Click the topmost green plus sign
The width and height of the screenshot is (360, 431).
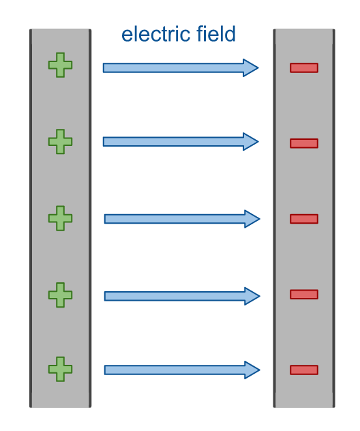tap(60, 65)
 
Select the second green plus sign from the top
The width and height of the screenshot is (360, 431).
tap(60, 142)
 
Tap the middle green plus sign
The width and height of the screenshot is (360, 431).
tap(60, 218)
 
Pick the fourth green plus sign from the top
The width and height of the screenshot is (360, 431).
tap(60, 295)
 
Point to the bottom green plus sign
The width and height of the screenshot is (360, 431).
tap(60, 369)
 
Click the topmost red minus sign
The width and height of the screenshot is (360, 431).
tap(304, 68)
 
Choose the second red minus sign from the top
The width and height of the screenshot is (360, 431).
tap(304, 143)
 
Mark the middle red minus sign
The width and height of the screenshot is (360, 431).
tap(304, 219)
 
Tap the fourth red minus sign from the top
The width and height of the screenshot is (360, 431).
tap(304, 295)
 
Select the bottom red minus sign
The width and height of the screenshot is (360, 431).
tap(304, 370)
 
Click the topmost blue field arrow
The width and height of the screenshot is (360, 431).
tap(181, 68)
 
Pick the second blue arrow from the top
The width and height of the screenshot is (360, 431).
tap(181, 142)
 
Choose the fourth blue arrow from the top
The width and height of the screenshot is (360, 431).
tap(182, 296)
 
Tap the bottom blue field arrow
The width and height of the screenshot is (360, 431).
tap(182, 370)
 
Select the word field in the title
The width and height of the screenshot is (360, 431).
tap(216, 34)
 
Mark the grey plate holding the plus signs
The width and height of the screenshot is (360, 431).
tap(60, 218)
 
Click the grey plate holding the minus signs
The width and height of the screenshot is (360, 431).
tap(304, 218)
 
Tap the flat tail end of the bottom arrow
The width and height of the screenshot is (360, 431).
tap(105, 370)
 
